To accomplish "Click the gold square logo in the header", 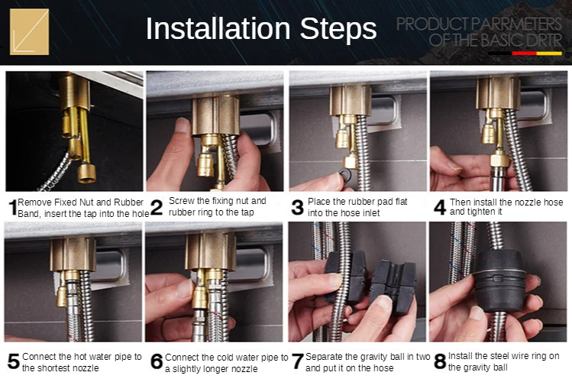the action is tap(29, 32).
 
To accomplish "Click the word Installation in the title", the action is tap(218, 28).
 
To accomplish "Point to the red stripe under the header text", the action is tap(524, 53).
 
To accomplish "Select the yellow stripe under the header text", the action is tap(549, 53).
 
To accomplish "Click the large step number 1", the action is tap(13, 208).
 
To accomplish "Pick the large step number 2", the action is tap(157, 207).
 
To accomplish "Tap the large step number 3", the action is tap(297, 207).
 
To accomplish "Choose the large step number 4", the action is tap(440, 207).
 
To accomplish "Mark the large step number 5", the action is tap(14, 361).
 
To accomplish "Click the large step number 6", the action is tap(157, 361).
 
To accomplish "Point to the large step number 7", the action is tap(298, 361).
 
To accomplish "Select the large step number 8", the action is tap(440, 361).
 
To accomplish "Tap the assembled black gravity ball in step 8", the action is tap(500, 280).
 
